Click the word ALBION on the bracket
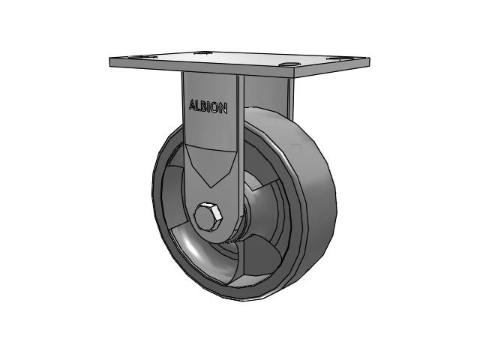pos(208,106)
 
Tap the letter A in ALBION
pos(193,105)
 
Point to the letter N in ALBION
pos(223,109)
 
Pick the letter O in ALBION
pos(215,108)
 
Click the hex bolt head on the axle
pos(208,217)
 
